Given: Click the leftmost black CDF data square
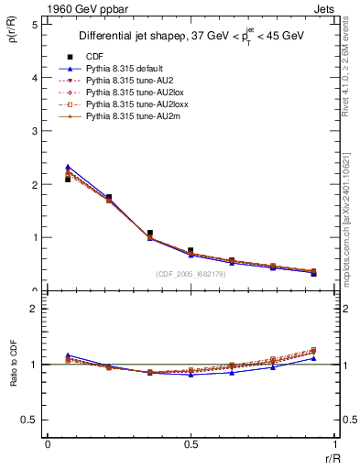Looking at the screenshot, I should click(x=68, y=180).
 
